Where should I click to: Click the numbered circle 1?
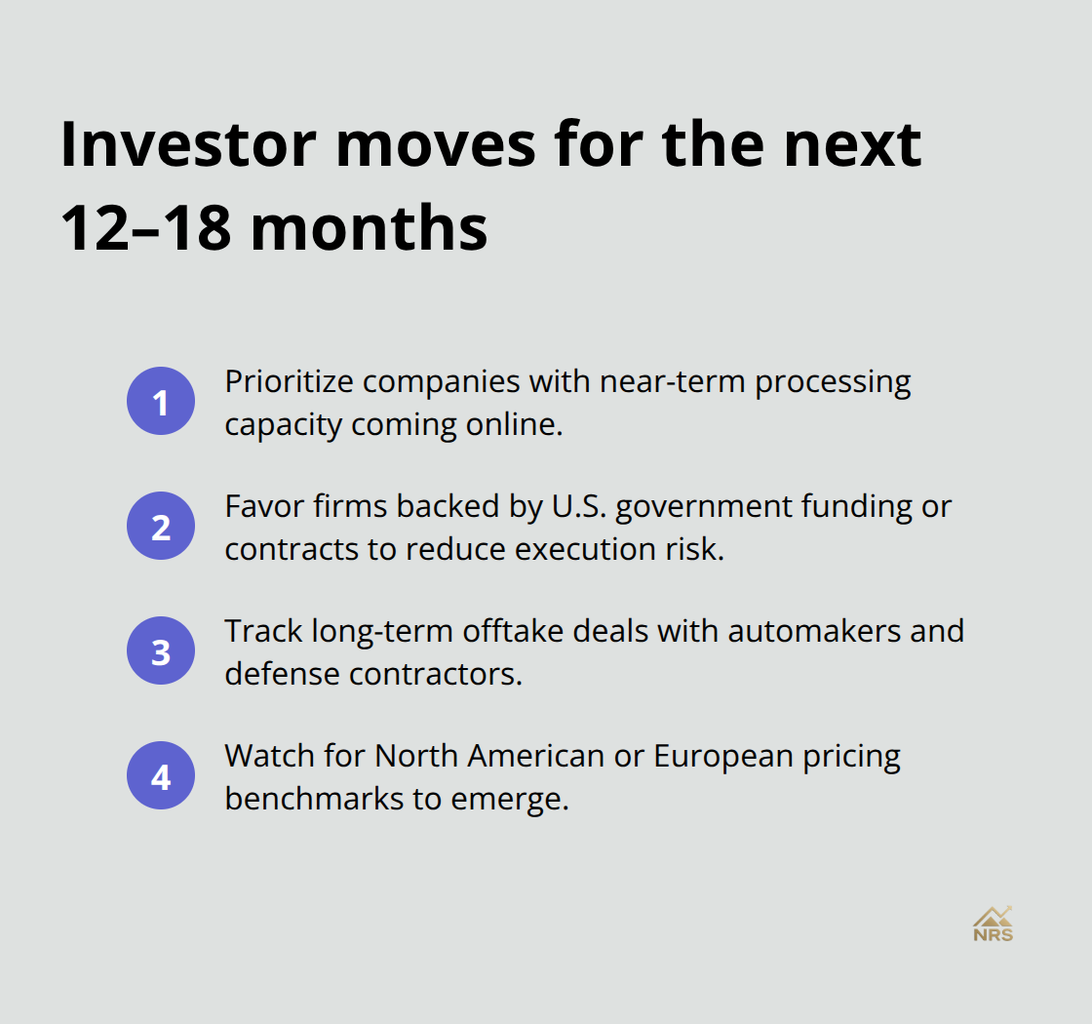161,402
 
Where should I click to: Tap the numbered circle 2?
161,527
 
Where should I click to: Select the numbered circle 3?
161,651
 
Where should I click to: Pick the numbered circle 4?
161,776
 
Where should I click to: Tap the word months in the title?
375,229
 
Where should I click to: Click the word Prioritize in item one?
293,381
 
